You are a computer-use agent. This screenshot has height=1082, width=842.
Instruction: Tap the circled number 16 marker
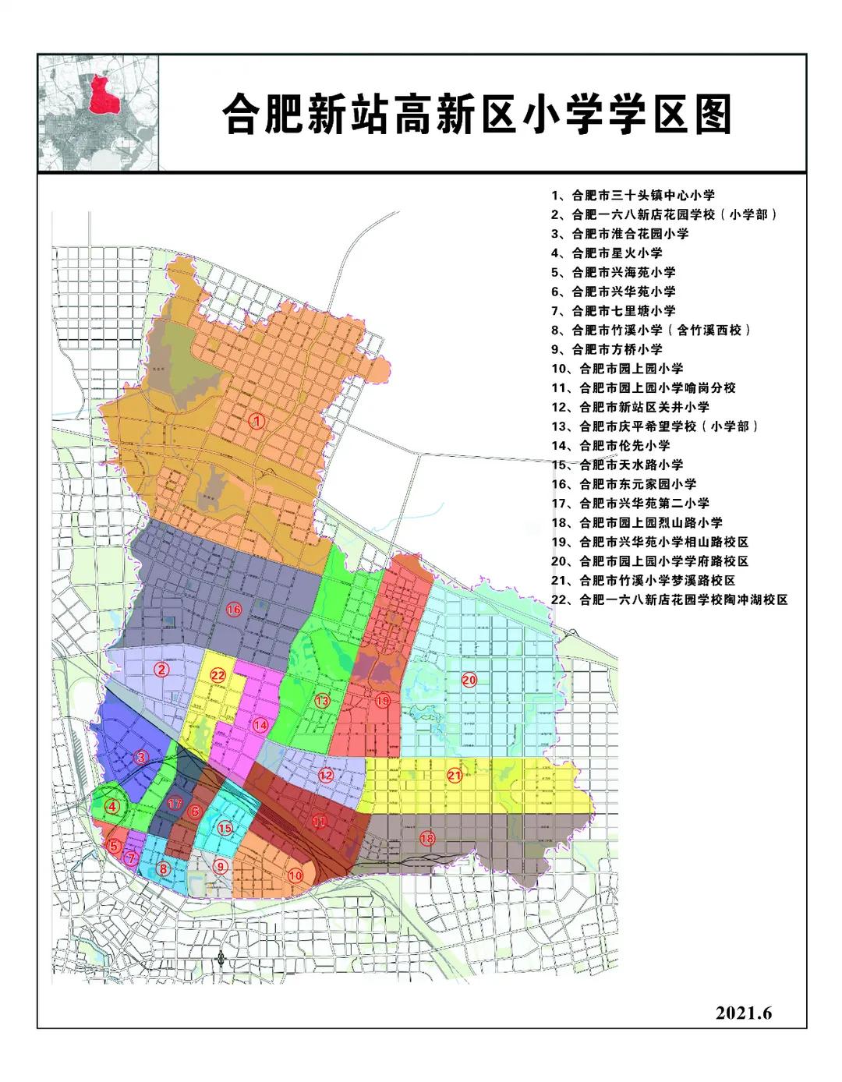tap(233, 609)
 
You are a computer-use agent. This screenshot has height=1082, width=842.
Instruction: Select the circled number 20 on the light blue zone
tap(469, 680)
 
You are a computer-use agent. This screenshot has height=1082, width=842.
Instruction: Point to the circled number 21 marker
tap(455, 775)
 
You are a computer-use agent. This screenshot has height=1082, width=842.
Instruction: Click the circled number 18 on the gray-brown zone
tap(426, 839)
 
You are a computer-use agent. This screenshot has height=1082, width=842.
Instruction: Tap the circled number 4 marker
tap(114, 807)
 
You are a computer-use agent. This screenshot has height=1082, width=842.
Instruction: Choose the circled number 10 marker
tap(295, 875)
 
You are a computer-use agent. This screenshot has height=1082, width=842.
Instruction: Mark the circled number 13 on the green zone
tap(322, 701)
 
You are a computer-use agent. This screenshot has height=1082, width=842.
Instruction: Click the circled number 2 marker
tap(161, 669)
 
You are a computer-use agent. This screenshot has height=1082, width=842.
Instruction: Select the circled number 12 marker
tap(326, 775)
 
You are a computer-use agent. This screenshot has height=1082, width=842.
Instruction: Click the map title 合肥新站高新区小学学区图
tap(477, 115)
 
